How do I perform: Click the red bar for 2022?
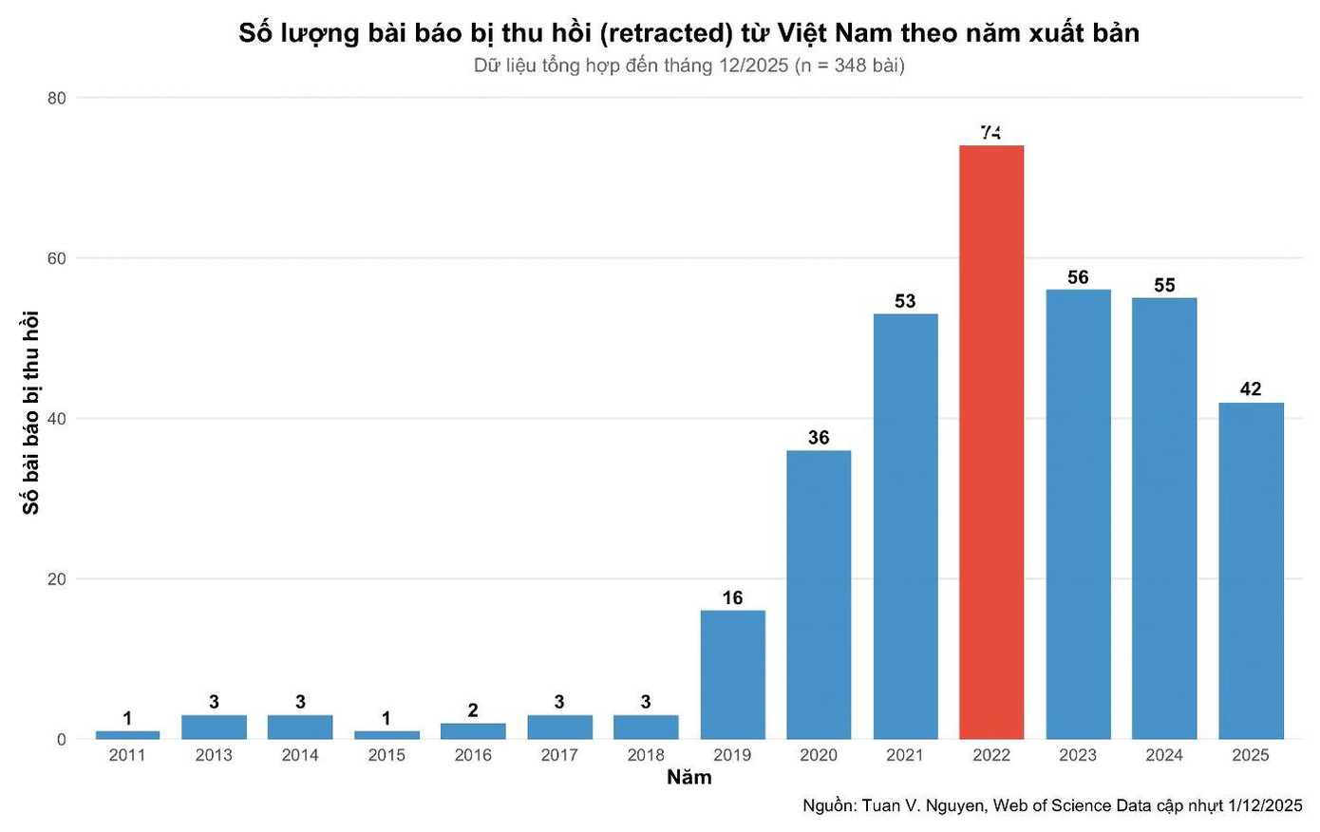[990, 442]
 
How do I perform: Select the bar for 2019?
[732, 674]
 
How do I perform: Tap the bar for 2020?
[819, 595]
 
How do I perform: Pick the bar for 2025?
[1251, 571]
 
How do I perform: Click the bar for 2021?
[905, 526]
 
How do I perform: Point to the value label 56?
[1078, 277]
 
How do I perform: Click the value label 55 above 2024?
[1164, 285]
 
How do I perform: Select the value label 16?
[732, 597]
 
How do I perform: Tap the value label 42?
[1251, 388]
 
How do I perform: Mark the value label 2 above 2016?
[473, 710]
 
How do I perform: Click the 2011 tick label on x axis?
[127, 755]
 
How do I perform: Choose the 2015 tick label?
[387, 755]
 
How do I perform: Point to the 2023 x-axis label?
[1078, 755]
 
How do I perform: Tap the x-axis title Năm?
[688, 778]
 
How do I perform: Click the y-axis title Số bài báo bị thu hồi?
[31, 413]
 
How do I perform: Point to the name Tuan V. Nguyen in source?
[924, 806]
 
